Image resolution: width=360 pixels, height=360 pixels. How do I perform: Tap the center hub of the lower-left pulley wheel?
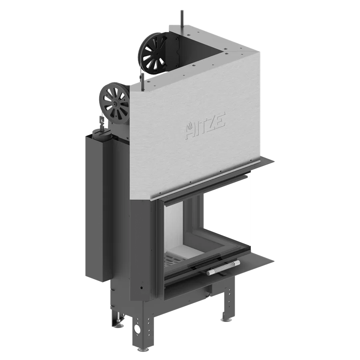coord(114,104)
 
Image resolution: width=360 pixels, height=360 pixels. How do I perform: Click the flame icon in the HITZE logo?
coord(189,126)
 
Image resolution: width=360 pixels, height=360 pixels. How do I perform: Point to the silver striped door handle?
coord(223,268)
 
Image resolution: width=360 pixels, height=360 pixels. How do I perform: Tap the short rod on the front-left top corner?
coord(142,81)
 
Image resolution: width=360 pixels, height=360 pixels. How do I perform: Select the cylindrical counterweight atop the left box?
coord(102,134)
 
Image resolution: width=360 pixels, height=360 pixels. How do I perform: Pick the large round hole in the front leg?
coord(138,330)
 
